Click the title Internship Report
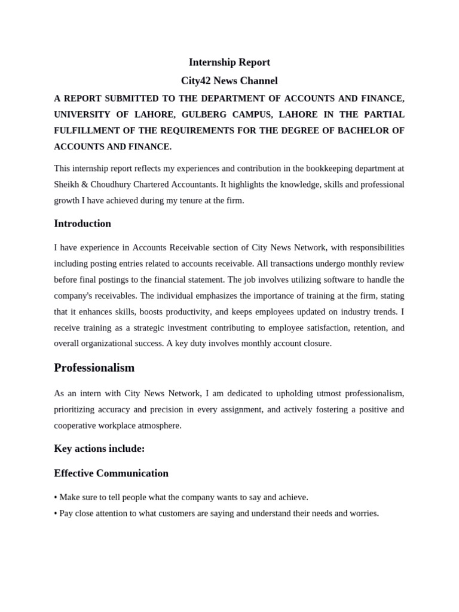point(229,62)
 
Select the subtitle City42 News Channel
point(229,81)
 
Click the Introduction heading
point(82,224)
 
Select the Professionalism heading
point(94,368)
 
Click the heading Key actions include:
point(99,448)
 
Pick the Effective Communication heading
point(111,473)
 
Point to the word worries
point(362,513)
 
